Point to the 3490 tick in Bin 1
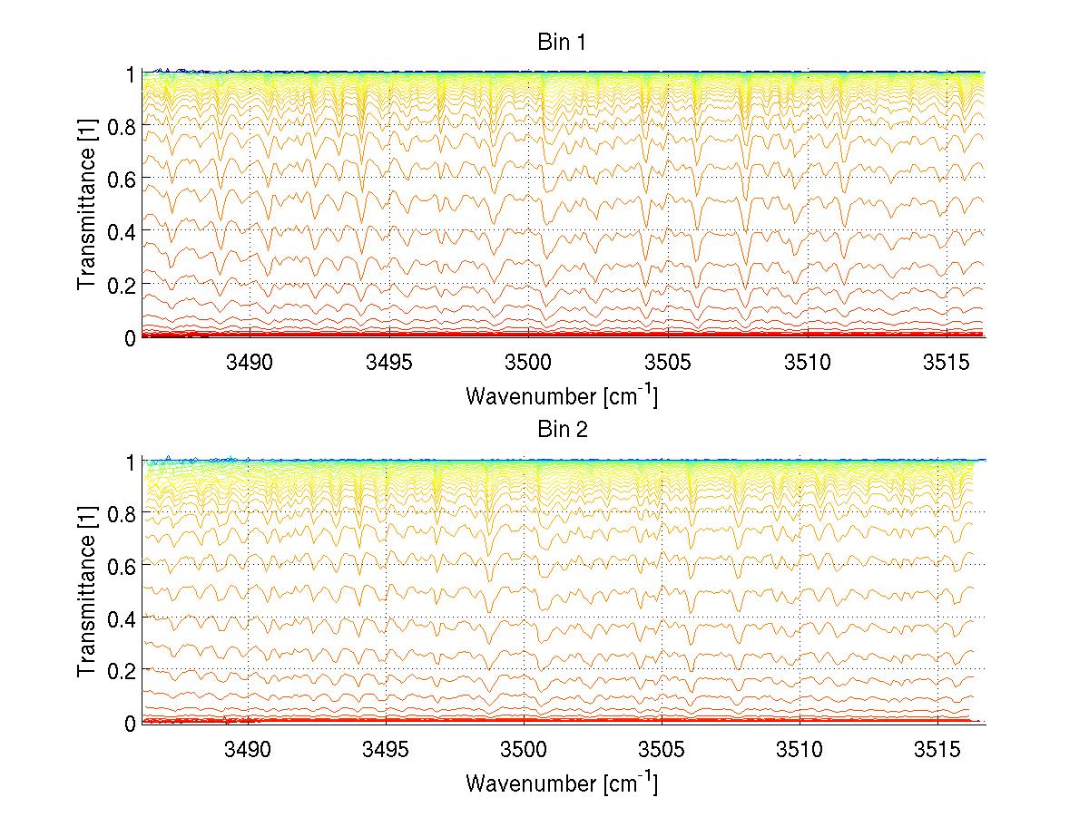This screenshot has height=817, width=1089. coord(249,363)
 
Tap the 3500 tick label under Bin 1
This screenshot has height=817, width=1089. coord(525,363)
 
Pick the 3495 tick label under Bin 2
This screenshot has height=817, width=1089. coord(387,750)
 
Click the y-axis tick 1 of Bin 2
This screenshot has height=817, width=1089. coord(130,461)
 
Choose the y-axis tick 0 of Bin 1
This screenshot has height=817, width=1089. coord(130,337)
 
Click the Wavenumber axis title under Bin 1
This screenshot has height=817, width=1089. coord(561,395)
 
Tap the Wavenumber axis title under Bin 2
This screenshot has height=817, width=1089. coord(561,783)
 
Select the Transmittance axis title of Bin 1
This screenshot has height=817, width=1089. coord(87,205)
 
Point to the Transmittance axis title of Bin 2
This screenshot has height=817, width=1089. coord(87,592)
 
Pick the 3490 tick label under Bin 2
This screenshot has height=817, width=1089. coord(249,750)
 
